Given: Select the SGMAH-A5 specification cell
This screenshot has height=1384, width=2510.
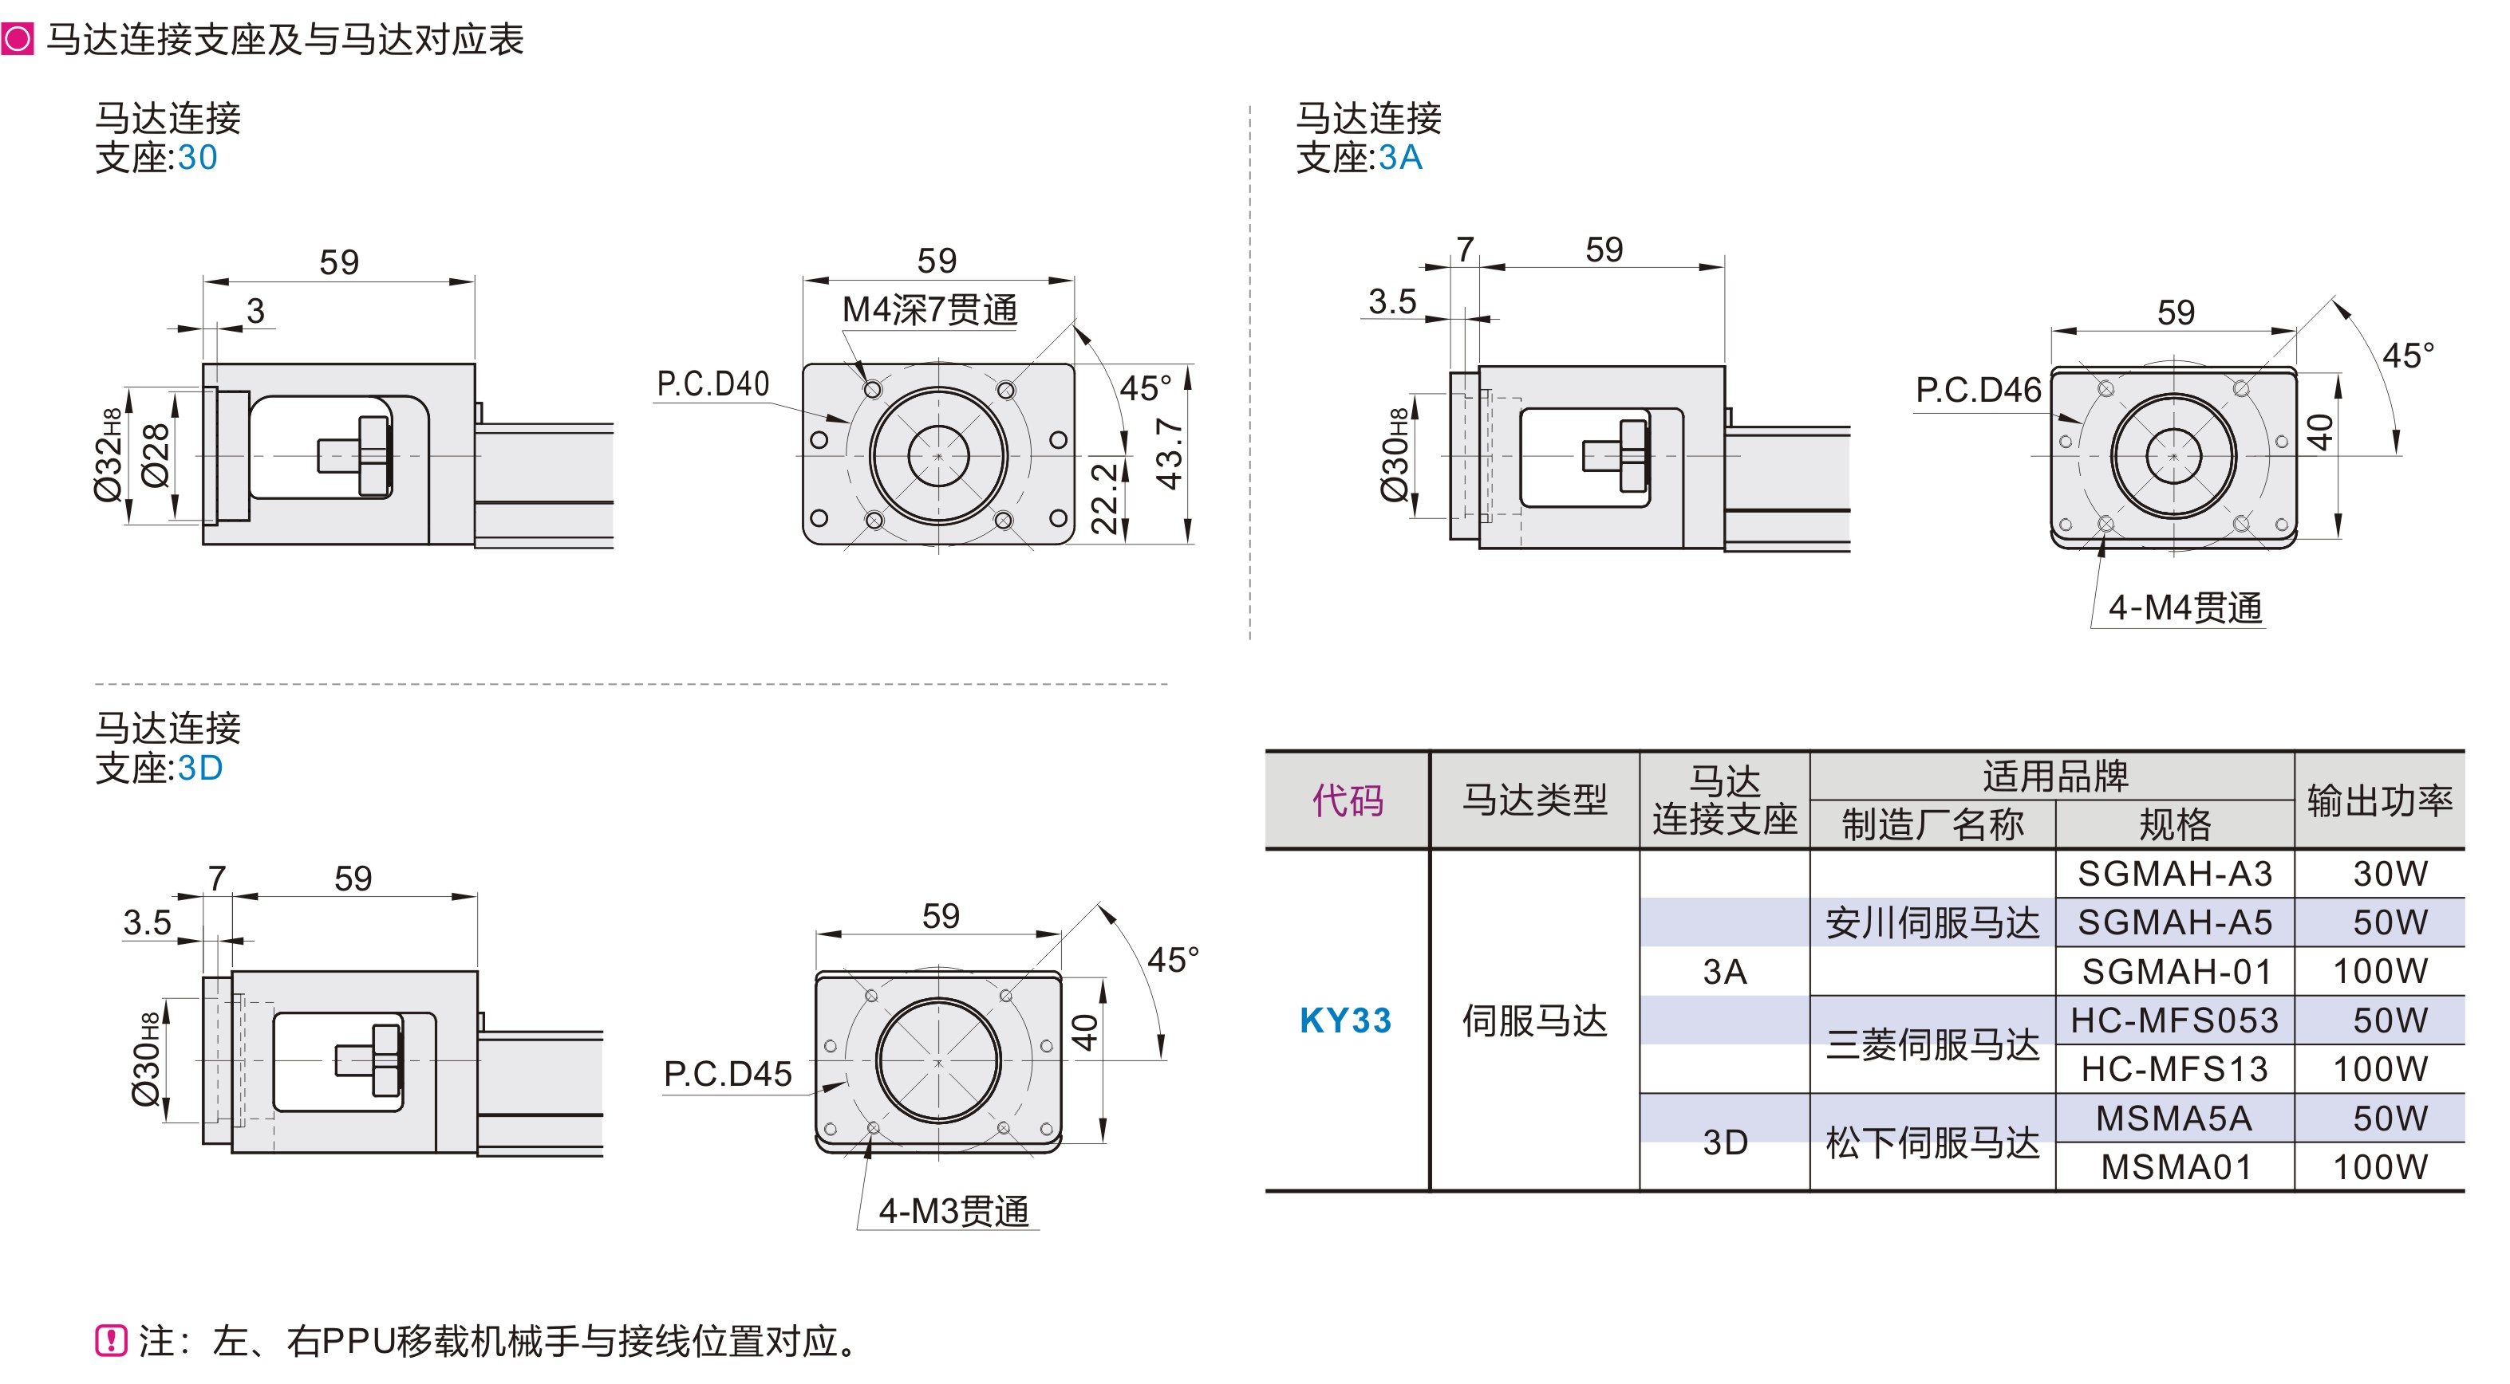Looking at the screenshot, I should pos(2174,922).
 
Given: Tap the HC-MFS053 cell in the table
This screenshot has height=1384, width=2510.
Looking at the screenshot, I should pos(2174,1020).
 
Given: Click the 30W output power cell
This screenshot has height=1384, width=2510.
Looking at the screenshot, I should pos(2390,874).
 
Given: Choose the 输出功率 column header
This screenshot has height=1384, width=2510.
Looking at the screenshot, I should pos(2378,800).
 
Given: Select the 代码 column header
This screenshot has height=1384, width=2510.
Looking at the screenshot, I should pos(1347,800).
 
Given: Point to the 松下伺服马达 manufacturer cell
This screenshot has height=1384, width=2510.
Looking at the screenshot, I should pos(1932,1142).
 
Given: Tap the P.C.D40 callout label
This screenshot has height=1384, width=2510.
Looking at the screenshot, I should pos(713,383).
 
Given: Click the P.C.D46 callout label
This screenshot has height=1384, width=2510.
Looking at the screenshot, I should pos(1977,391).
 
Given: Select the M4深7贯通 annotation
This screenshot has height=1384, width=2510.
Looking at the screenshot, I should pos(929,309).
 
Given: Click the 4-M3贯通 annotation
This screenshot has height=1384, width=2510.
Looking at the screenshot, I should pos(953,1211).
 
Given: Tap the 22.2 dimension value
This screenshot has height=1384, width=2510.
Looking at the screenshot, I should pos(1104,497).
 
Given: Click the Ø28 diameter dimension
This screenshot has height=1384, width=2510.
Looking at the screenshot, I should pos(156,456).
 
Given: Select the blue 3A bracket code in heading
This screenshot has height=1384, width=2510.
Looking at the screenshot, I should pos(1400,158).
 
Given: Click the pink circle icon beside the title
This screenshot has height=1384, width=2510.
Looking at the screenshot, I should pos(18,40).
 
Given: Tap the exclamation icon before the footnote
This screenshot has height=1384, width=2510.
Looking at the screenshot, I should pos(111,1340).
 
